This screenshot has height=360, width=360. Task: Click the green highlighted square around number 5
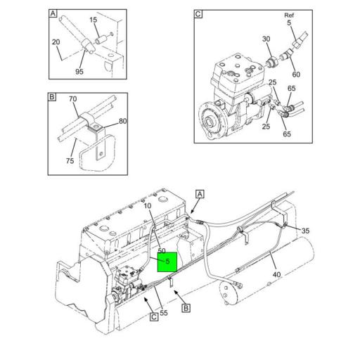click(x=167, y=262)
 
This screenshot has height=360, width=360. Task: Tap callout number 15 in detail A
click(x=94, y=20)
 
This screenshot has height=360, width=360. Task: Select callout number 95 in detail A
click(x=79, y=72)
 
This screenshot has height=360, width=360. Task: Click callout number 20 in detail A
click(x=56, y=42)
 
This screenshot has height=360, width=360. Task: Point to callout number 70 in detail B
click(x=73, y=99)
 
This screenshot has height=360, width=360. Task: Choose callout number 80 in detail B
click(x=123, y=121)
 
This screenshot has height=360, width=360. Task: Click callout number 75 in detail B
click(x=70, y=161)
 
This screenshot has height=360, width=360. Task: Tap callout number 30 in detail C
click(x=266, y=39)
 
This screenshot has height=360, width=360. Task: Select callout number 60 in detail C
click(x=296, y=75)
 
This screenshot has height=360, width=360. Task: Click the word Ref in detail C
click(x=289, y=15)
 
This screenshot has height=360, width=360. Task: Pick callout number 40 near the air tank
click(x=276, y=274)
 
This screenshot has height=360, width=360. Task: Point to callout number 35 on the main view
click(x=305, y=231)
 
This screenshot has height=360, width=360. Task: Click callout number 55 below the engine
click(x=164, y=313)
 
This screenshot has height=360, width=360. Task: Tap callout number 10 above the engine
click(x=148, y=206)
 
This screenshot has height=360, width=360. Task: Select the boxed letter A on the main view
click(x=200, y=194)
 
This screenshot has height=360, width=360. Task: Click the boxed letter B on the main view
click(x=186, y=308)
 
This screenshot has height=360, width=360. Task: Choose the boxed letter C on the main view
click(x=154, y=317)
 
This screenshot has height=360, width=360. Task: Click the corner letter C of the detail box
click(x=198, y=14)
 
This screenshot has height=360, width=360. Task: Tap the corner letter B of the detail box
click(x=52, y=97)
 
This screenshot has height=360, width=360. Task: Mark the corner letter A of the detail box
click(x=53, y=13)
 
